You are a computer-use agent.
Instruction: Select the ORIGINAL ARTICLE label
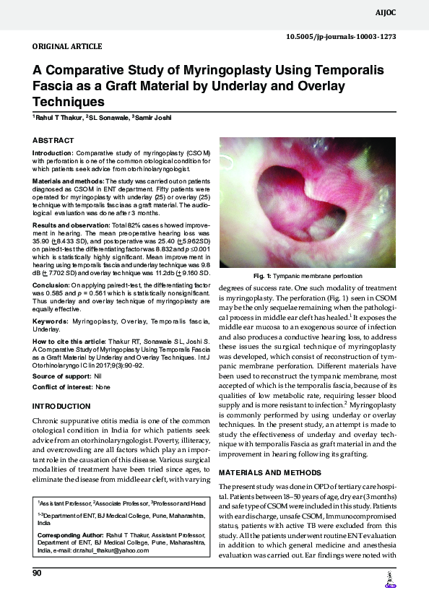click(x=67, y=46)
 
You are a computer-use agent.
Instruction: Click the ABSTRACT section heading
click(x=53, y=139)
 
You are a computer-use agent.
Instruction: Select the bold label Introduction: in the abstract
click(x=52, y=153)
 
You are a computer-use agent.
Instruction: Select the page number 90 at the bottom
click(x=38, y=573)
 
